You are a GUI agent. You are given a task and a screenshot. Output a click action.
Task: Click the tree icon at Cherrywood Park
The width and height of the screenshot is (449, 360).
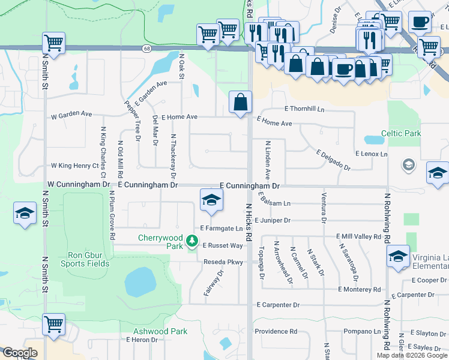[192, 241]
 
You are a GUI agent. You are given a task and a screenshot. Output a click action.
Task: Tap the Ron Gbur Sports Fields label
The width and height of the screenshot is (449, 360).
[85, 258]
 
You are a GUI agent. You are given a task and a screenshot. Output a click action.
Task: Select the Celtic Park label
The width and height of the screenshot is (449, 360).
[400, 133]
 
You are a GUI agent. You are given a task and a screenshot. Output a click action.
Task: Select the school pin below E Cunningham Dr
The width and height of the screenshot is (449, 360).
[211, 200]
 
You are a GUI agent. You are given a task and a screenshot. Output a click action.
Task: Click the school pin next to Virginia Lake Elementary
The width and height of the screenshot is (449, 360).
[399, 256]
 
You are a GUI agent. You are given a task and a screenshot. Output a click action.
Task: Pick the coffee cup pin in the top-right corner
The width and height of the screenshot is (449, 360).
[420, 21]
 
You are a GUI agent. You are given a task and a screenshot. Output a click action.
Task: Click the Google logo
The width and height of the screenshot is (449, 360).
[20, 353]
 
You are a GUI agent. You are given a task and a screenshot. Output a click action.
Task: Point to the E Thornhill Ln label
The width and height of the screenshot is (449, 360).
[304, 110]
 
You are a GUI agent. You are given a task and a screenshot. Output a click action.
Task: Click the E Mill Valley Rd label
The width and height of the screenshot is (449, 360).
[358, 237]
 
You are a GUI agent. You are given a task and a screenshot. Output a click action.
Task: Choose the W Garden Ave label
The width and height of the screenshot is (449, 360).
[71, 114]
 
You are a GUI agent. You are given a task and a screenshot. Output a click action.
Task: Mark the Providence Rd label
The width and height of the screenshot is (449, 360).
[276, 331]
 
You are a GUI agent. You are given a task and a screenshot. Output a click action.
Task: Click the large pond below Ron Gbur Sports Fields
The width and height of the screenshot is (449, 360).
[139, 281]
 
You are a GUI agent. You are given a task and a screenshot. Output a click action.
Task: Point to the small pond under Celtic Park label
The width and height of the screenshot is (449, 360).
[374, 140]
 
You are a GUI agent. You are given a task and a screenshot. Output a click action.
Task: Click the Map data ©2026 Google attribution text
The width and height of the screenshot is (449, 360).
[411, 355]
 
